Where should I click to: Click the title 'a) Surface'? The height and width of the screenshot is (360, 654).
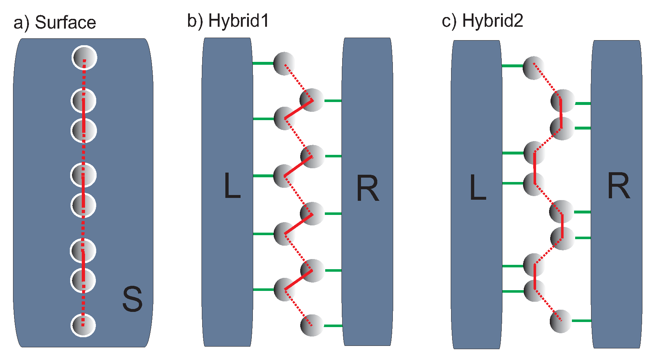[x=55, y=22]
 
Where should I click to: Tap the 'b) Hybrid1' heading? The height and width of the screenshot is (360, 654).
[x=228, y=21]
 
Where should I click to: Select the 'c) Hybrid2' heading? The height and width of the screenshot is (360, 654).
[x=482, y=21]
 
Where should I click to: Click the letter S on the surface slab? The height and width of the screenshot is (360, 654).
[x=132, y=299]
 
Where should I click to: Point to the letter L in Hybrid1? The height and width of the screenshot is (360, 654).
[x=232, y=186]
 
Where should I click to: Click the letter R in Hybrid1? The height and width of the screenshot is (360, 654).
[x=368, y=189]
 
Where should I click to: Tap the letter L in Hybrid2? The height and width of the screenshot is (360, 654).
[x=477, y=187]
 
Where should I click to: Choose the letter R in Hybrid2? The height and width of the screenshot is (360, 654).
[x=619, y=186]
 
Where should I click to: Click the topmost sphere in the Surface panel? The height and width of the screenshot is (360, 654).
[x=85, y=58]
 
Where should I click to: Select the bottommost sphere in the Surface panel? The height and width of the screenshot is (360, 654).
[x=83, y=325]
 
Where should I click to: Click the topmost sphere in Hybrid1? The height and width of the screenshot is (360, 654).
[x=284, y=64]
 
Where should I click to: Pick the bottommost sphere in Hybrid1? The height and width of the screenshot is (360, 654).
[x=312, y=325]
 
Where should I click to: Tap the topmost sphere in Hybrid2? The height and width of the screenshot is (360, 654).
[x=534, y=68]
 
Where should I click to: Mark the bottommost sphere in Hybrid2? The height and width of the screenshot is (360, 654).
[x=561, y=321]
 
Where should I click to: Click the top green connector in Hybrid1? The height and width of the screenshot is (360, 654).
[x=263, y=63]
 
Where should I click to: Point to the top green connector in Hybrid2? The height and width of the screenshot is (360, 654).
[x=513, y=66]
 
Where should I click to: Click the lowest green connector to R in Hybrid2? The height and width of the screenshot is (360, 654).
[x=581, y=321]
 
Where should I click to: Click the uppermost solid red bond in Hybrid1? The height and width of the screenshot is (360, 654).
[x=299, y=109]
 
